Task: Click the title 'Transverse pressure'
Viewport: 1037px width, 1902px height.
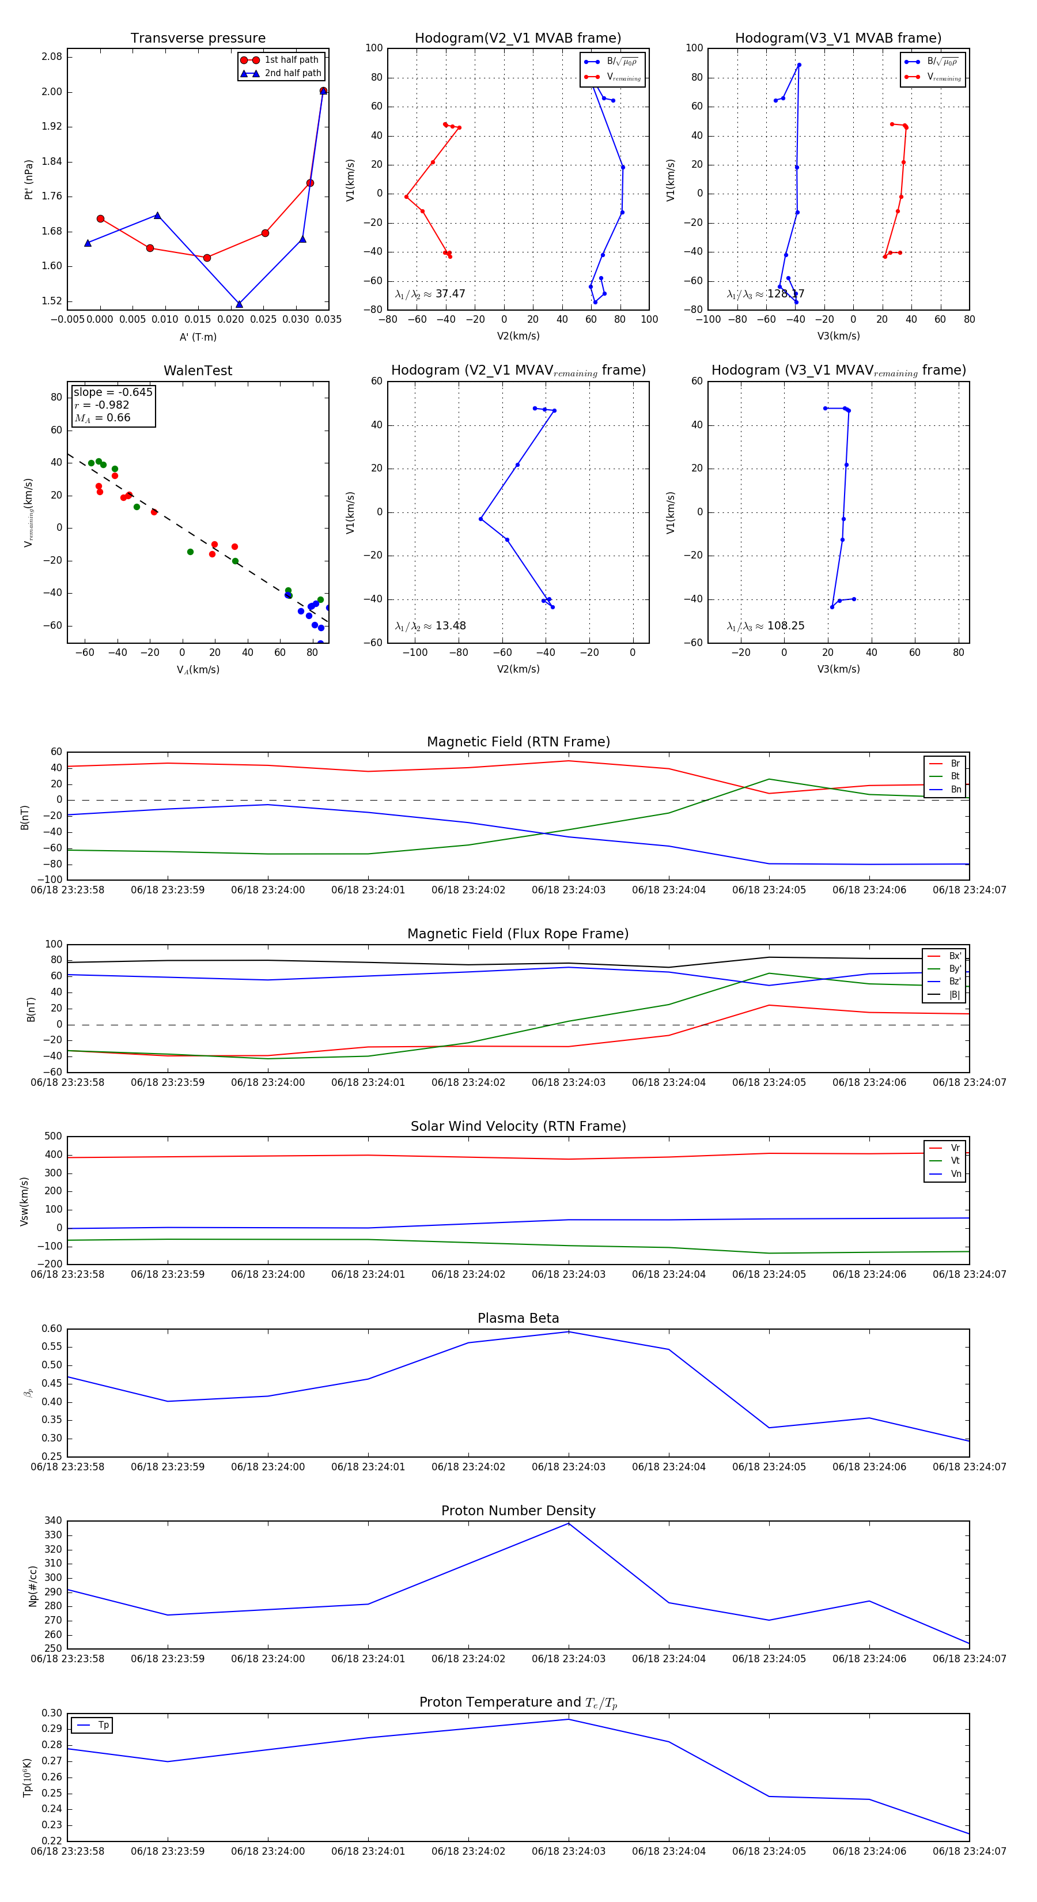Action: pos(198,39)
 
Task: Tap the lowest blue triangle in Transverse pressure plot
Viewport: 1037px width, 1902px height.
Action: pos(239,304)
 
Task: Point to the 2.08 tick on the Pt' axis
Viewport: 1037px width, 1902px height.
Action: pos(52,57)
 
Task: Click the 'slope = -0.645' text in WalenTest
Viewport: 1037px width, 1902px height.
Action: pos(113,392)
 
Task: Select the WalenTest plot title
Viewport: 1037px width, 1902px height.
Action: pos(198,371)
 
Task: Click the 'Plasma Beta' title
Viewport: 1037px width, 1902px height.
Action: pos(518,1318)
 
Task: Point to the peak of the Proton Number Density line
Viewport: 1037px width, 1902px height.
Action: pos(568,1523)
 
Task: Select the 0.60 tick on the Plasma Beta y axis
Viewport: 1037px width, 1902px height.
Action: pos(52,1329)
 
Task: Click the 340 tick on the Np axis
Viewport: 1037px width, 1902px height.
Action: pos(53,1521)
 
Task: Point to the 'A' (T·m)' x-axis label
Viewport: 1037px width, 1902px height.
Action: pos(198,337)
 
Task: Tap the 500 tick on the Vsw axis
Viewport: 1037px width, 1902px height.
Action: pos(53,1137)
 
